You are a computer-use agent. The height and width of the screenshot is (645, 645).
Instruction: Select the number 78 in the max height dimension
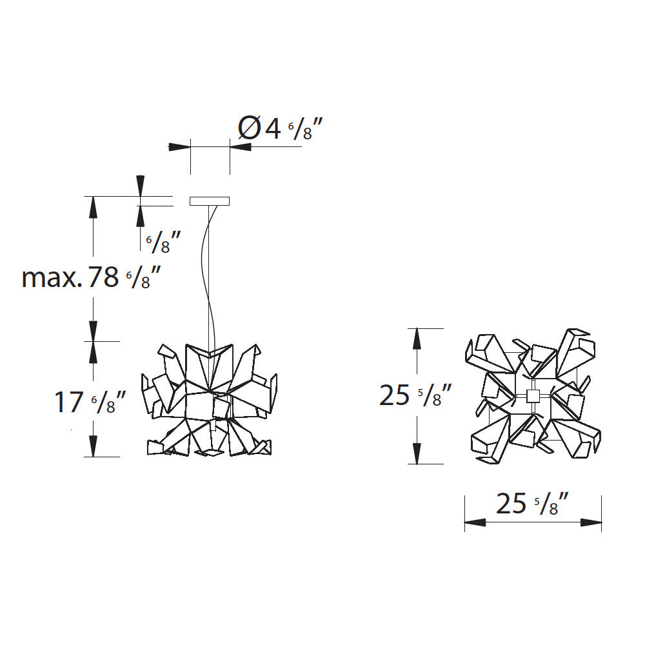(104, 277)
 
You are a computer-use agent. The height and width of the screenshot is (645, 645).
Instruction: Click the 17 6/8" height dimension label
(90, 402)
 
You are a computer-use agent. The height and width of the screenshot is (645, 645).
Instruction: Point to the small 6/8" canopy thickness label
(164, 242)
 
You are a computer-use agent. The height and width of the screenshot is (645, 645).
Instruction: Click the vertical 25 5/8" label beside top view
(415, 395)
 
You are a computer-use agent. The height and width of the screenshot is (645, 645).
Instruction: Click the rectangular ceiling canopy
(210, 201)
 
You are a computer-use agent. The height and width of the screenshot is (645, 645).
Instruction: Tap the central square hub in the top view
(533, 396)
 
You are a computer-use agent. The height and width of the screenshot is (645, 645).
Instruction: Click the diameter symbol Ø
(250, 128)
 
